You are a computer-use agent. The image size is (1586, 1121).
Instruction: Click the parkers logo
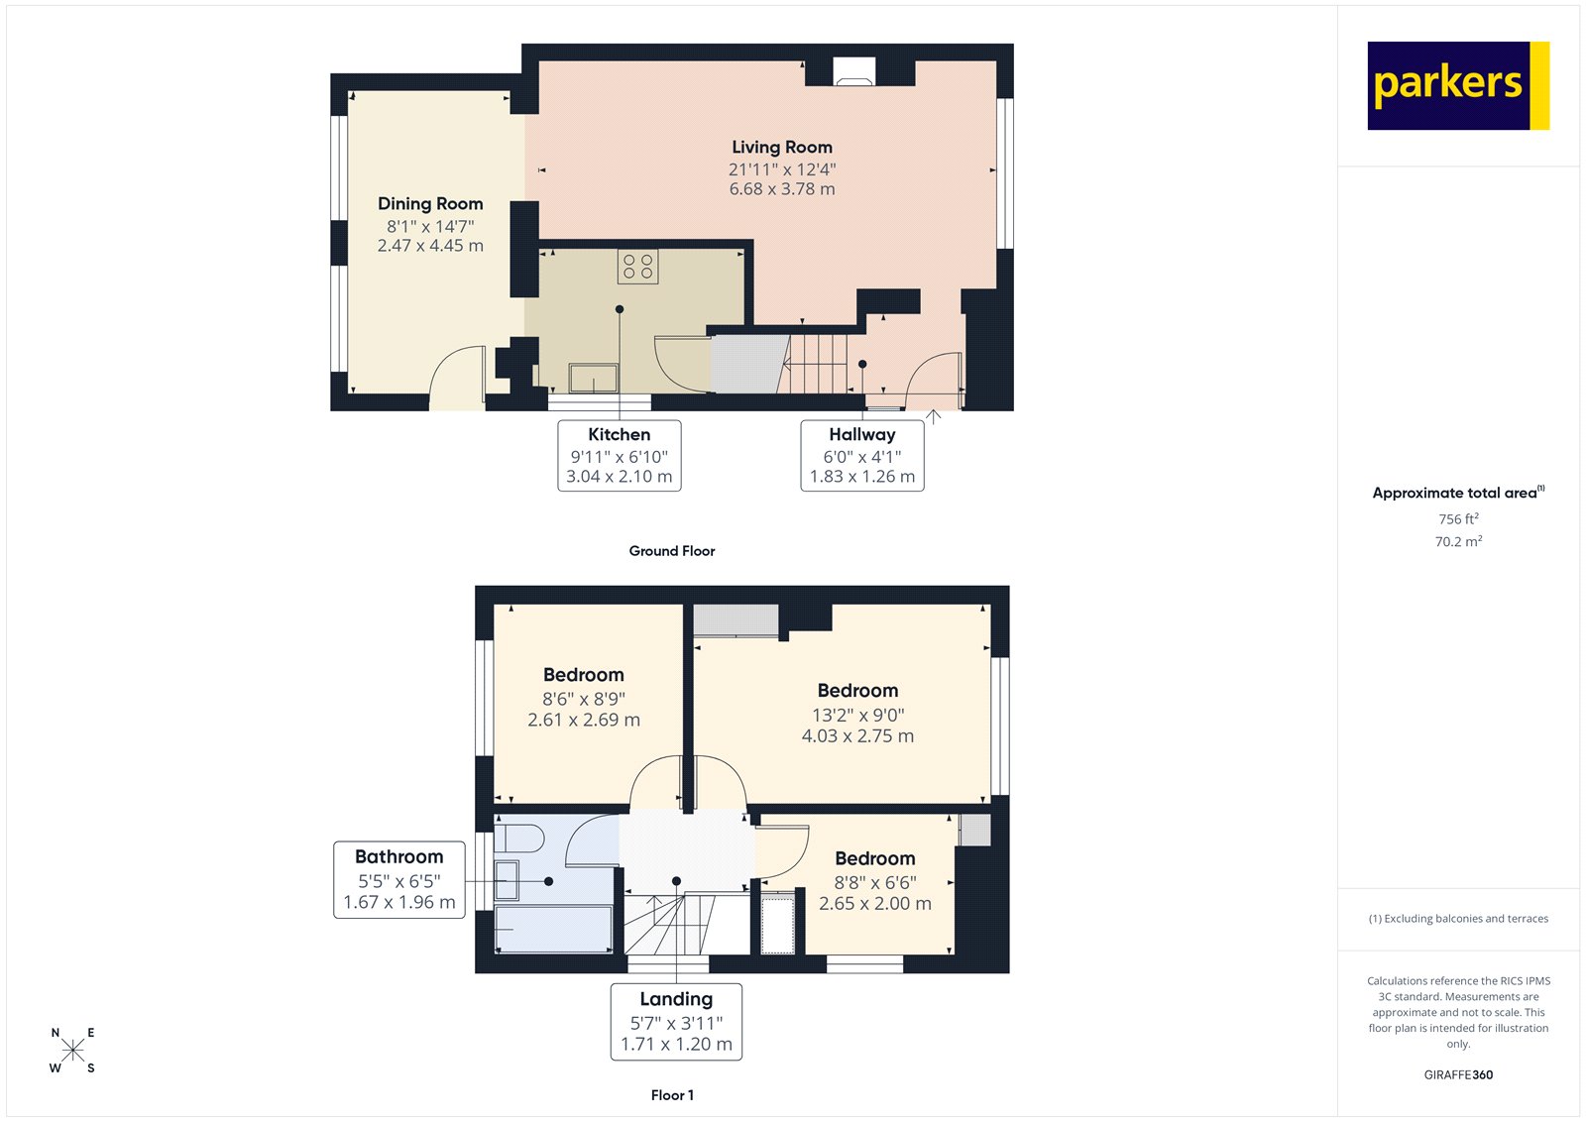coord(1457,85)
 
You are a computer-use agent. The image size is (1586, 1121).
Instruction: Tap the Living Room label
coord(782,148)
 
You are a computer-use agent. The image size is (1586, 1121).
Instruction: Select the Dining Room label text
coord(430,204)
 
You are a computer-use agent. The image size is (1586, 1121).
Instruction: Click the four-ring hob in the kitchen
coord(637,267)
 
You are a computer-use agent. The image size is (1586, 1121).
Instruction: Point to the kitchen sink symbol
coord(593,378)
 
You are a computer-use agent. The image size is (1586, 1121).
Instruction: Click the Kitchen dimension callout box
coord(620,455)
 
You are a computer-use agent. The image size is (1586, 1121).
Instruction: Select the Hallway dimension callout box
coord(862,455)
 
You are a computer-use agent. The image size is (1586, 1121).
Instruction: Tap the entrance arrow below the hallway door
coord(934,416)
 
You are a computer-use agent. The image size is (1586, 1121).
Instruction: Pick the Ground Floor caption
coord(671,551)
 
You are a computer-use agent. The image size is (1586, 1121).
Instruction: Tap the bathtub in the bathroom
coord(553,930)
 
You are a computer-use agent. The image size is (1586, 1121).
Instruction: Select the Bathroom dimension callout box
coord(399,879)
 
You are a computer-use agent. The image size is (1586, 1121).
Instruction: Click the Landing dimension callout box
coord(676,1021)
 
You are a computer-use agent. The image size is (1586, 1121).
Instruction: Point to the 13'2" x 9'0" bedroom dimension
coord(858,715)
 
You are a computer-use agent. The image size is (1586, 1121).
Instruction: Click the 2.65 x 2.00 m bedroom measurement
coord(875,904)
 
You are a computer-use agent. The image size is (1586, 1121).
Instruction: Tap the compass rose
coord(72,1051)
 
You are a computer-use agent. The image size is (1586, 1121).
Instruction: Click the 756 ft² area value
coord(1458,519)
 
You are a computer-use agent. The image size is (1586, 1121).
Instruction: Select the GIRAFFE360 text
coord(1458,1074)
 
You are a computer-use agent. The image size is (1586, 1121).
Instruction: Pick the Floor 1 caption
coord(672,1095)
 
